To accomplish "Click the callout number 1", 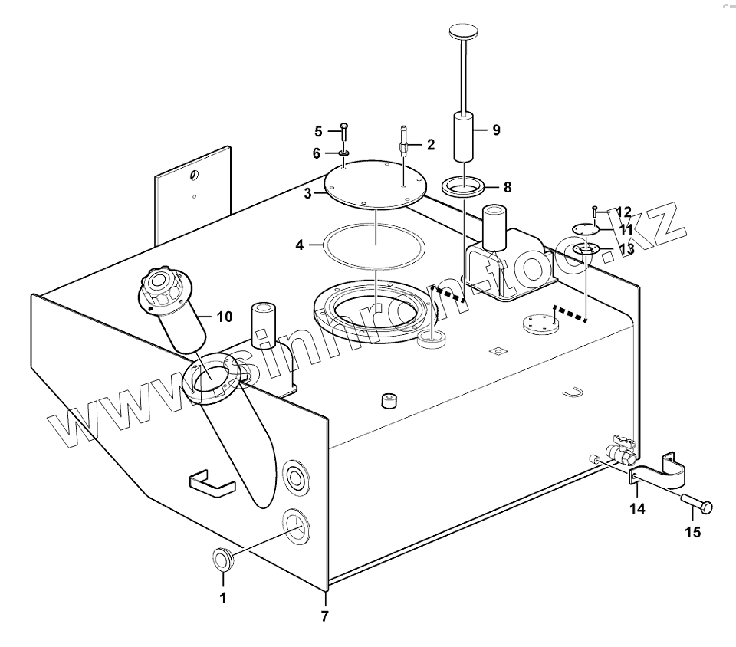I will point(224,598).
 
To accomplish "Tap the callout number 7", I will point(324,616).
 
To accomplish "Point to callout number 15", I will point(692,533).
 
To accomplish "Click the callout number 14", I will point(637,508).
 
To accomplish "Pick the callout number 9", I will point(496,130).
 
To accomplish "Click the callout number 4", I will point(301,245).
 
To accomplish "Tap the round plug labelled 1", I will point(222,560).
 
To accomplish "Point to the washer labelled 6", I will point(343,153).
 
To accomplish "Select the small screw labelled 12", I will point(594,211).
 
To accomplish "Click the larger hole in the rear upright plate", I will point(194,176).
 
